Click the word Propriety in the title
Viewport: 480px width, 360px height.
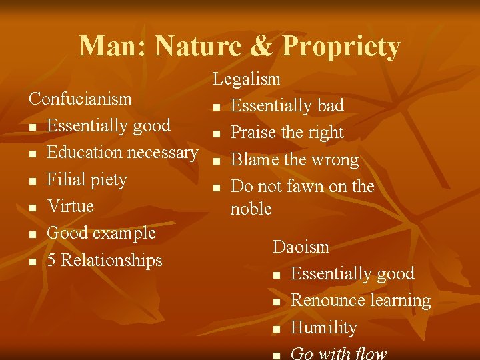tap(341, 47)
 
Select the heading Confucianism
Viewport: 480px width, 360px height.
tap(80, 99)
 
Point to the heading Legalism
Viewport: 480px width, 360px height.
tap(247, 79)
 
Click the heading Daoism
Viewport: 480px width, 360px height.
tap(301, 247)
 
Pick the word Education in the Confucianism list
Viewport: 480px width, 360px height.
tap(85, 153)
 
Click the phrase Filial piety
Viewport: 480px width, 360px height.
tap(87, 180)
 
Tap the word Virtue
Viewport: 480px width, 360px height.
tap(71, 206)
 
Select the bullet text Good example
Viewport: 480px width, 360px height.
tap(101, 233)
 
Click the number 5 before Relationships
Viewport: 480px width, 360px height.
tap(52, 261)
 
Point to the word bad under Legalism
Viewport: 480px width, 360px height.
tap(331, 106)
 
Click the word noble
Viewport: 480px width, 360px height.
tap(251, 209)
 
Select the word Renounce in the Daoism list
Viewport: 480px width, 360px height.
tap(323, 301)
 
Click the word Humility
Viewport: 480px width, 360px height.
tap(324, 328)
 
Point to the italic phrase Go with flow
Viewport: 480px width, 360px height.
tap(339, 353)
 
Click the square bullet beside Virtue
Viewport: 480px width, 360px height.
tap(33, 207)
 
